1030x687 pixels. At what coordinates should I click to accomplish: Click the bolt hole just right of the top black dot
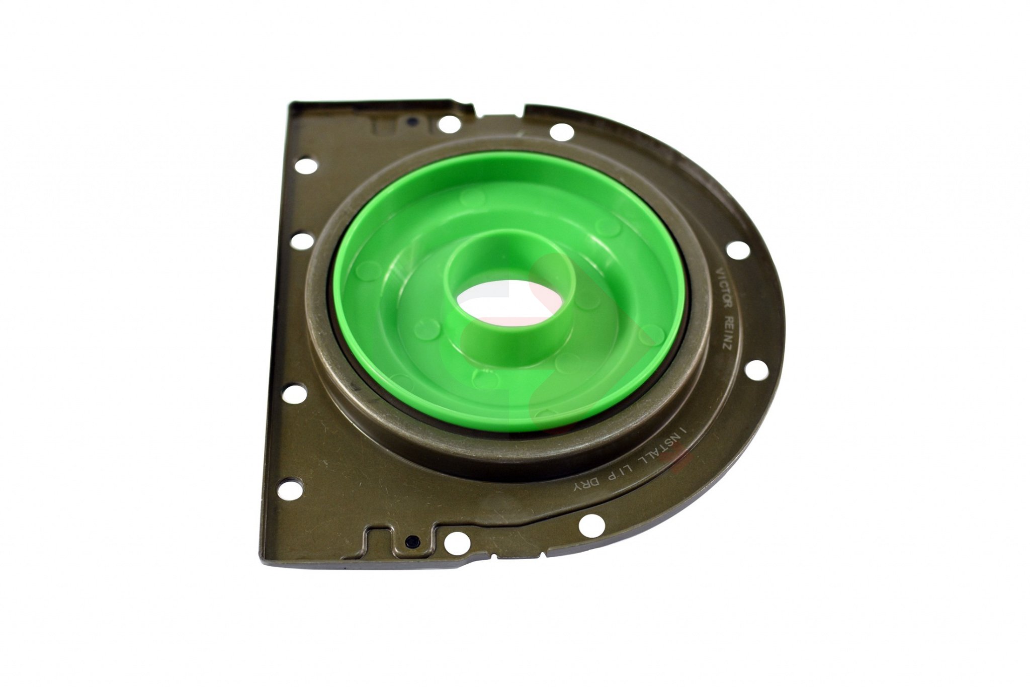[x=446, y=123]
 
